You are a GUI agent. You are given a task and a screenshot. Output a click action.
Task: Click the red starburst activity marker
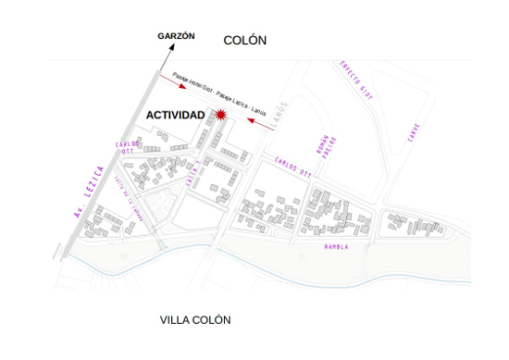pyautogui.click(x=221, y=115)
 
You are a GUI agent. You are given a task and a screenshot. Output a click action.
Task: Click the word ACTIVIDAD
pyautogui.click(x=176, y=115)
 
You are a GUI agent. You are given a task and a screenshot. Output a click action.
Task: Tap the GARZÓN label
pyautogui.click(x=176, y=35)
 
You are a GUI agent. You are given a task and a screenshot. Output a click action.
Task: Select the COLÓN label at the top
pyautogui.click(x=245, y=40)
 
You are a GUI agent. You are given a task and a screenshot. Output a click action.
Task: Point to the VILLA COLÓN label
pyautogui.click(x=195, y=320)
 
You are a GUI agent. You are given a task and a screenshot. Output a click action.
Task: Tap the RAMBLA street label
pyautogui.click(x=336, y=248)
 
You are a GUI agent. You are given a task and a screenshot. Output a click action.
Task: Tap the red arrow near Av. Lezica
pyautogui.click(x=172, y=81)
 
